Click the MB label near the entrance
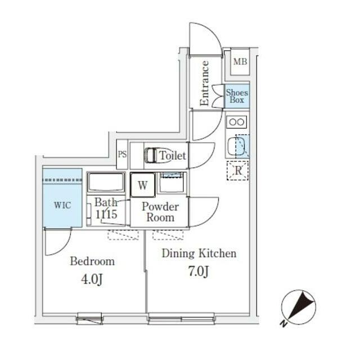click(240, 62)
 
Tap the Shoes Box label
click(237, 96)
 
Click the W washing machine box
click(143, 185)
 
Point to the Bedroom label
click(92, 261)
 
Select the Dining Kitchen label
click(199, 253)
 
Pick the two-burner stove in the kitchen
click(237, 121)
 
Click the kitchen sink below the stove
click(237, 146)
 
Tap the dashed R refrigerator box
click(237, 170)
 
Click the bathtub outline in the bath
click(106, 183)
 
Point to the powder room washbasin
click(170, 183)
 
